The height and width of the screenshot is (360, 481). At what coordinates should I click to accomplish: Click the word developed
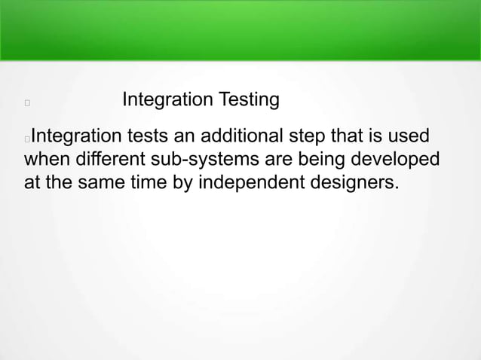[x=403, y=160]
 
